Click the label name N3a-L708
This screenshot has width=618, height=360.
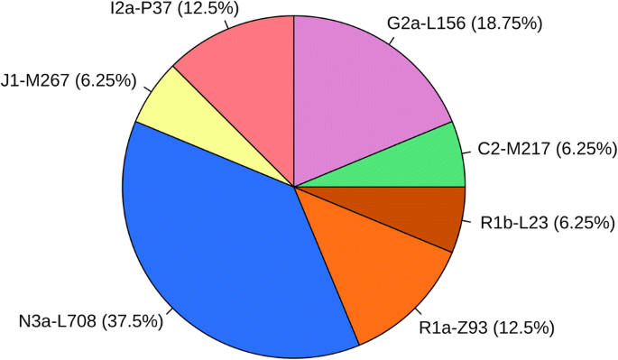coord(58,320)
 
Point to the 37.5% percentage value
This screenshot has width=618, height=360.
coord(133,320)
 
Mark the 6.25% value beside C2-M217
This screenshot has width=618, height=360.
coord(586,147)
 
